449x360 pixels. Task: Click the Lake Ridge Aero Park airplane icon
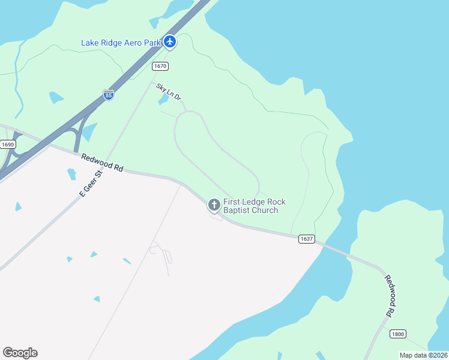(170, 42)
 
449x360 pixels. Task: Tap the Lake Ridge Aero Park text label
(121, 43)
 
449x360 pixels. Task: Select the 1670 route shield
(160, 66)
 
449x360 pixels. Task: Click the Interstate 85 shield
(108, 95)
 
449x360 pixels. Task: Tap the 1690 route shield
(8, 145)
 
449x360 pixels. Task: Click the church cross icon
(214, 205)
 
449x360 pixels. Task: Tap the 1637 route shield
(306, 239)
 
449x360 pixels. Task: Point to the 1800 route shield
(397, 334)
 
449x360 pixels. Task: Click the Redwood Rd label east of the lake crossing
(390, 296)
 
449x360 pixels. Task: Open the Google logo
(20, 353)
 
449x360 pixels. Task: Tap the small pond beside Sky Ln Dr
(163, 100)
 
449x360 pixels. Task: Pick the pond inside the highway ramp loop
(89, 131)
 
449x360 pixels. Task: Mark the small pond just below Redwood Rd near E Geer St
(71, 174)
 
